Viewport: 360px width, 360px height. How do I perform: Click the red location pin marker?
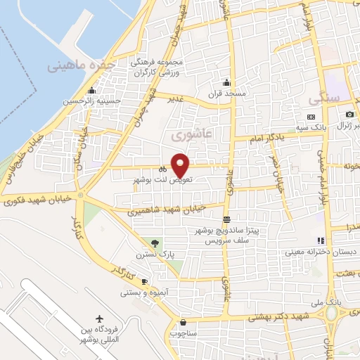(x=181, y=165)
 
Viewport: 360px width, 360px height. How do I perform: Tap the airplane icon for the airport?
(x=98, y=321)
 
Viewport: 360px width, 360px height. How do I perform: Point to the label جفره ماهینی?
(x=81, y=66)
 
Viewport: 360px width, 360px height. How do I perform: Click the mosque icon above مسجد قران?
(x=225, y=82)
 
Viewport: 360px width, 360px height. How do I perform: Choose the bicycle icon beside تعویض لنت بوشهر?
(x=162, y=169)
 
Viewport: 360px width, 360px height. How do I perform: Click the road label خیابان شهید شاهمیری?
(x=167, y=209)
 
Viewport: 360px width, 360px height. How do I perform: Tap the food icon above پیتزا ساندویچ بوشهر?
(x=225, y=219)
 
